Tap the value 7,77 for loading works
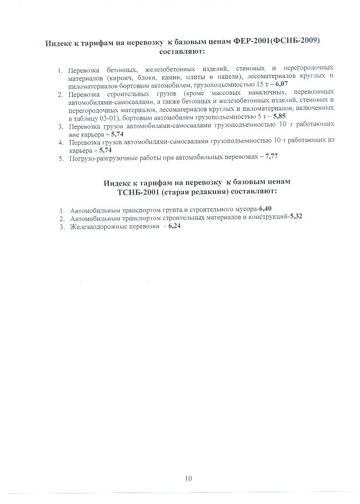[x=271, y=157]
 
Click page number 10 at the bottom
[x=188, y=479]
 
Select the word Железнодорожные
[x=96, y=226]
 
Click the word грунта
[x=173, y=210]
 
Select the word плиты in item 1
[x=230, y=77]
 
